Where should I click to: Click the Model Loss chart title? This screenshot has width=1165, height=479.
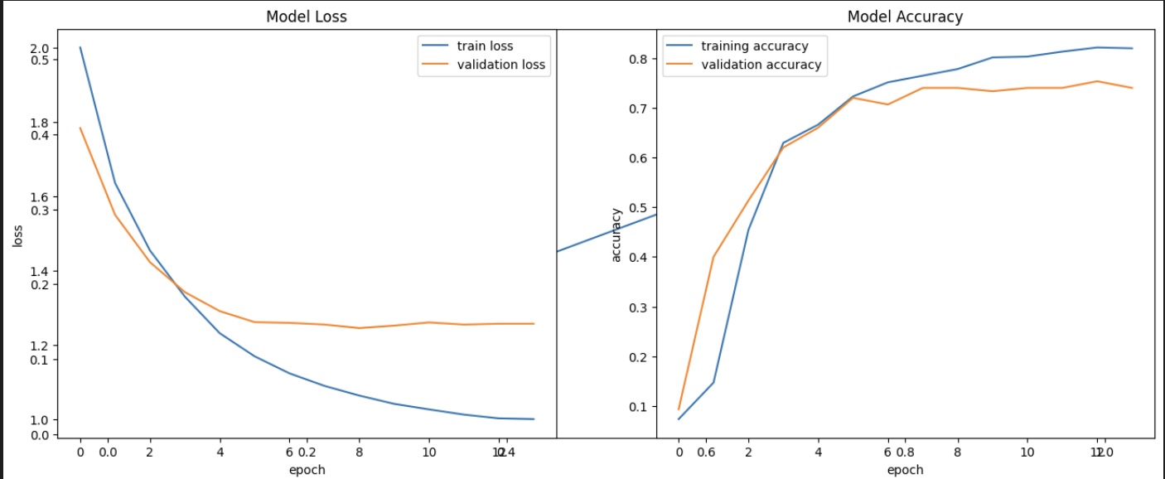[x=306, y=17]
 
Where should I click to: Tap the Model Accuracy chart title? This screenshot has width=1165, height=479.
[x=905, y=17]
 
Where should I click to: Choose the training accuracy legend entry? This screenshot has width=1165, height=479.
[x=753, y=46]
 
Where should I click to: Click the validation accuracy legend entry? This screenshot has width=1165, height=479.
[x=761, y=65]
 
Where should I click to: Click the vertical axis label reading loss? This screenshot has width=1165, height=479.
[x=17, y=237]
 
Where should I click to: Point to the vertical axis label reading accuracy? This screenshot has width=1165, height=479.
[x=616, y=235]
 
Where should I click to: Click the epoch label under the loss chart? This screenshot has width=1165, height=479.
[x=307, y=470]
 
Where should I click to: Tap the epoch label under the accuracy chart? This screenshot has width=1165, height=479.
[x=905, y=470]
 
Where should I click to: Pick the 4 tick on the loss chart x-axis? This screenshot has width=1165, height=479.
[x=220, y=452]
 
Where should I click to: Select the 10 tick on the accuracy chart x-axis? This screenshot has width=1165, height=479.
[x=1027, y=452]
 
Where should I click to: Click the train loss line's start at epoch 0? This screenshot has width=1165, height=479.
[x=80, y=47]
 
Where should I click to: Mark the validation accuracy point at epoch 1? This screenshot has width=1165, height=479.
[x=713, y=257]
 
